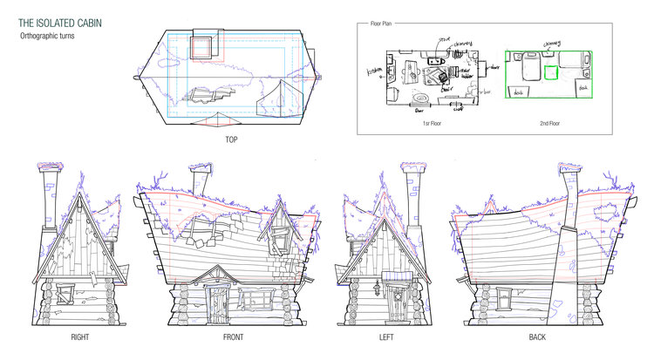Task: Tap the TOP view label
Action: click(x=231, y=139)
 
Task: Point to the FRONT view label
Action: click(x=233, y=337)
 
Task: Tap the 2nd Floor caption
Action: click(x=548, y=123)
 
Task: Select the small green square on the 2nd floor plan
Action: click(x=550, y=73)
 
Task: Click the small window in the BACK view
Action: click(x=507, y=299)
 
